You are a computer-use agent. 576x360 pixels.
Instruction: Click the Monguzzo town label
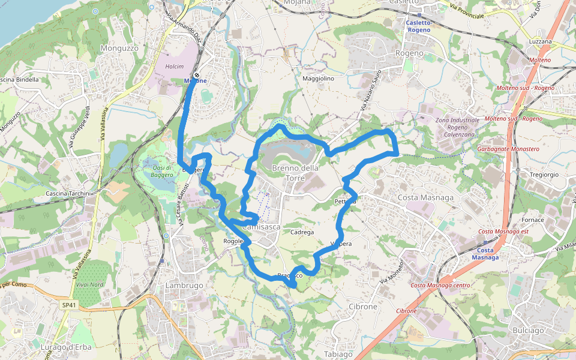click(x=120, y=47)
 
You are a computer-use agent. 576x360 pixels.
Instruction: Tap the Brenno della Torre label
click(x=295, y=173)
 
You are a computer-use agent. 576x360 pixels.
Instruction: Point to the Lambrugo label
click(x=184, y=285)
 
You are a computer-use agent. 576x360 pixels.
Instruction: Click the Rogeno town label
click(x=409, y=53)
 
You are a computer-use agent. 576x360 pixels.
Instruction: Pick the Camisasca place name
click(x=262, y=227)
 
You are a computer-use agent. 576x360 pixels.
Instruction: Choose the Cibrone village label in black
click(x=362, y=306)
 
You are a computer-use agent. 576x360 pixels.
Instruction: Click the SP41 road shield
click(x=69, y=305)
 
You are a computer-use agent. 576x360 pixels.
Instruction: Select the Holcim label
click(x=174, y=67)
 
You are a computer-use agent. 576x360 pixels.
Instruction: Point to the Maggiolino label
click(x=318, y=79)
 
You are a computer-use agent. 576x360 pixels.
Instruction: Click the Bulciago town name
click(x=528, y=330)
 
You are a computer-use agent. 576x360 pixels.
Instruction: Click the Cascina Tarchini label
click(x=68, y=193)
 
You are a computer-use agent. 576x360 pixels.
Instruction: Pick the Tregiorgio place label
click(x=544, y=175)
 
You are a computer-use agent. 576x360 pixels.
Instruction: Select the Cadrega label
click(x=302, y=232)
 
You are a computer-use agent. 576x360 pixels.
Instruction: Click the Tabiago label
click(x=338, y=353)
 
